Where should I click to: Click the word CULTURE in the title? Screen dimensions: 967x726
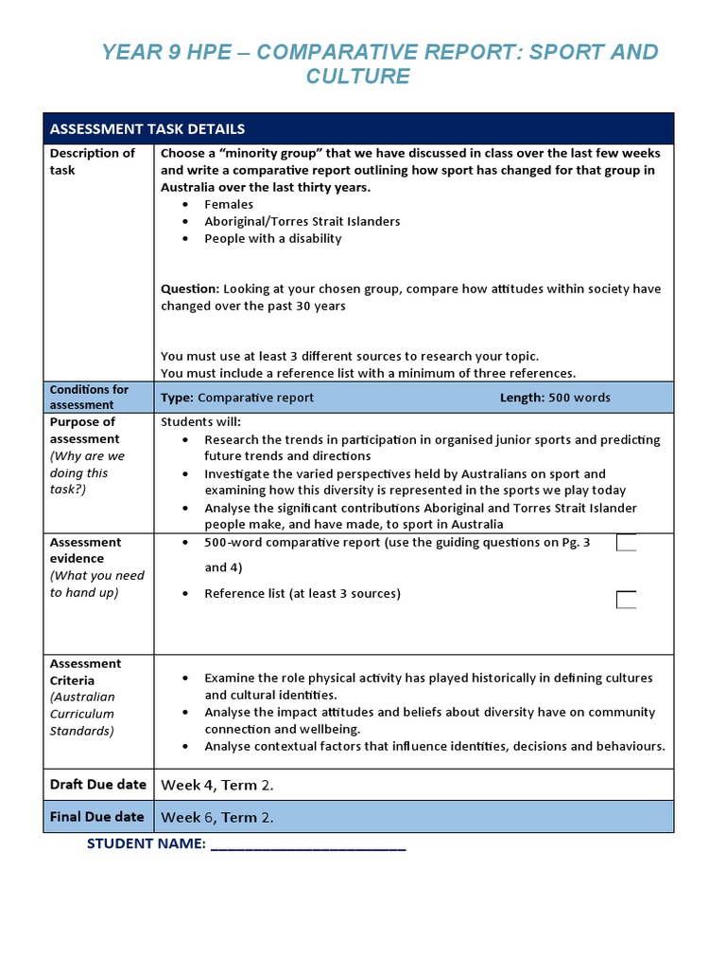(357, 76)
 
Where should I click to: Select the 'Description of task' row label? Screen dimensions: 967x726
(92, 161)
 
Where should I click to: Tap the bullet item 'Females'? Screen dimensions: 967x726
(229, 204)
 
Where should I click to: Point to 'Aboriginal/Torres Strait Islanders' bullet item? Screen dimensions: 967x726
(302, 221)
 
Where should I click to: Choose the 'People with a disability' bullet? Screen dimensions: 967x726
(272, 238)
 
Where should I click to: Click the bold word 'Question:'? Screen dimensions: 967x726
(190, 289)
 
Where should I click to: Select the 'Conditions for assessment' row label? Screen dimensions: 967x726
(89, 397)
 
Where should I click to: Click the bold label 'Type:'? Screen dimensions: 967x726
(177, 398)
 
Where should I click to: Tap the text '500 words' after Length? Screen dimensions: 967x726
(579, 398)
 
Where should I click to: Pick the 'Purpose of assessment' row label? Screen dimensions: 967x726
(84, 431)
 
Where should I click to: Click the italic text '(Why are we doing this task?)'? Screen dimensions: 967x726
(87, 473)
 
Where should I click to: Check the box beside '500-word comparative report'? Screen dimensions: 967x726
(626, 543)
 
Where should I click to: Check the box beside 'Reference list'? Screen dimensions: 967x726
(626, 600)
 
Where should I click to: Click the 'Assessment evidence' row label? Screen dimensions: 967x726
(85, 551)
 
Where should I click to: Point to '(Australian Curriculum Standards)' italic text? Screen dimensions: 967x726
(83, 714)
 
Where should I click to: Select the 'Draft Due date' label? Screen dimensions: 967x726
(97, 785)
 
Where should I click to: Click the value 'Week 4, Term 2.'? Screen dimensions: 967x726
(217, 786)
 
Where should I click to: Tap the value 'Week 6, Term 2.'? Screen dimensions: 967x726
(217, 818)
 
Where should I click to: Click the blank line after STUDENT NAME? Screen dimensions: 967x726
(308, 844)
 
